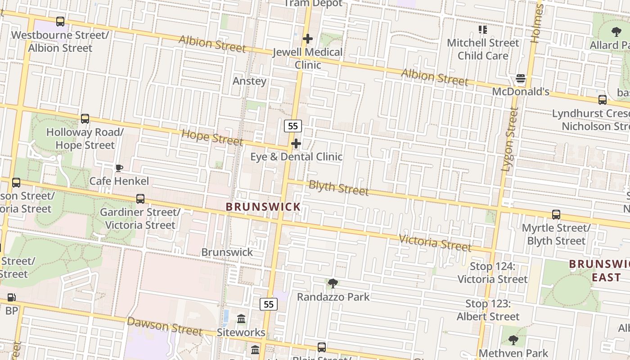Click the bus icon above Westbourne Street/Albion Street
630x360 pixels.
pos(60,22)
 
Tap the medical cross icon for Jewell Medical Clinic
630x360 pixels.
pos(307,39)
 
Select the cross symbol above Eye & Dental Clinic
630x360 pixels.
pos(296,144)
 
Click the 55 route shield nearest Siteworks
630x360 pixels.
pos(269,304)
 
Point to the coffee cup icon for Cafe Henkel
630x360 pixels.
pos(119,168)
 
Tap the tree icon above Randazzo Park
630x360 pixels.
pos(333,283)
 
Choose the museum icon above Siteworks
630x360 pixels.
pos(241,319)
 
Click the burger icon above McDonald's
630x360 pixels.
pos(521,79)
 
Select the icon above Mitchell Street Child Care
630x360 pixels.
pos(483,30)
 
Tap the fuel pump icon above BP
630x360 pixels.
pos(12,297)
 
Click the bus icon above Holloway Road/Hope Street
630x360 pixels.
pos(85,119)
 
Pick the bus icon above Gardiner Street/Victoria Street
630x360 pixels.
pos(140,199)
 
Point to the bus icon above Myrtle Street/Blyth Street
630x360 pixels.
pos(556,215)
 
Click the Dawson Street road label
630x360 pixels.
pos(164,326)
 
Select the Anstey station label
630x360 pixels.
pos(249,81)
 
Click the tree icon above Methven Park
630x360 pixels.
pos(513,340)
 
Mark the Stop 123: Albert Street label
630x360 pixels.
pos(488,310)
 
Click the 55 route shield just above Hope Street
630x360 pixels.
pos(292,126)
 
